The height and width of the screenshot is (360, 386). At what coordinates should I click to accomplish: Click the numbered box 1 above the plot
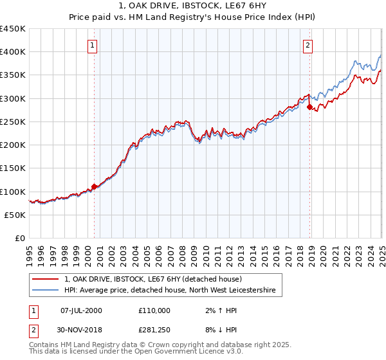pyautogui.click(x=93, y=45)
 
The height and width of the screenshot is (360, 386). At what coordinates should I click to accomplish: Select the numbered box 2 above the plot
pyautogui.click(x=308, y=45)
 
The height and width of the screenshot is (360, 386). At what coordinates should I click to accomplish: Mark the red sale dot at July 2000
pyautogui.click(x=94, y=186)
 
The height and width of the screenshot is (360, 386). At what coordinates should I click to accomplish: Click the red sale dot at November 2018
pyautogui.click(x=309, y=107)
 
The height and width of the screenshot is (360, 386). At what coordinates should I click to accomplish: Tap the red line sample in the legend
pyautogui.click(x=46, y=279)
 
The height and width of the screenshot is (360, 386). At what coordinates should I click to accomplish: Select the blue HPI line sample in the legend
pyautogui.click(x=46, y=291)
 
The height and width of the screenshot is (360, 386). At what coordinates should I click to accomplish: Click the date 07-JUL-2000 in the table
pyautogui.click(x=81, y=310)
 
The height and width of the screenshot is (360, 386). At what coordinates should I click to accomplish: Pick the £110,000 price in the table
pyautogui.click(x=154, y=310)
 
